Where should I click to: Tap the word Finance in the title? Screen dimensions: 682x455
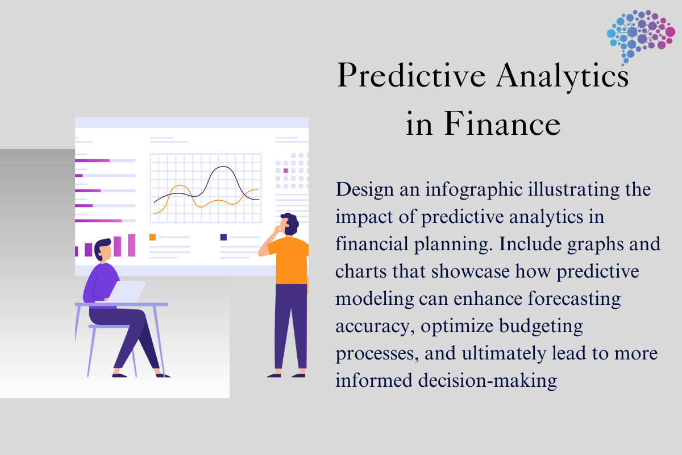(502, 124)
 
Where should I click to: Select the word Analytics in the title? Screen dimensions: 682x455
(562, 76)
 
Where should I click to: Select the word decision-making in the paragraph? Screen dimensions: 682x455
(488, 380)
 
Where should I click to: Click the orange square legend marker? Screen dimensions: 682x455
(152, 237)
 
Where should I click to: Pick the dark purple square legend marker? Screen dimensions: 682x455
(223, 237)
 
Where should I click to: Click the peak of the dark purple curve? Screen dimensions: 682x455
(223, 167)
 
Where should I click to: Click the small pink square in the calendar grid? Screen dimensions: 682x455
(285, 171)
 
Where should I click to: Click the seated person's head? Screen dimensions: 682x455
(103, 250)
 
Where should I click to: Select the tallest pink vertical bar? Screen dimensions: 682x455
(131, 245)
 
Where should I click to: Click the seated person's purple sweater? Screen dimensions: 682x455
(101, 284)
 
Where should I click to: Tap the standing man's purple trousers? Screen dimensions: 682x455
(291, 326)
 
